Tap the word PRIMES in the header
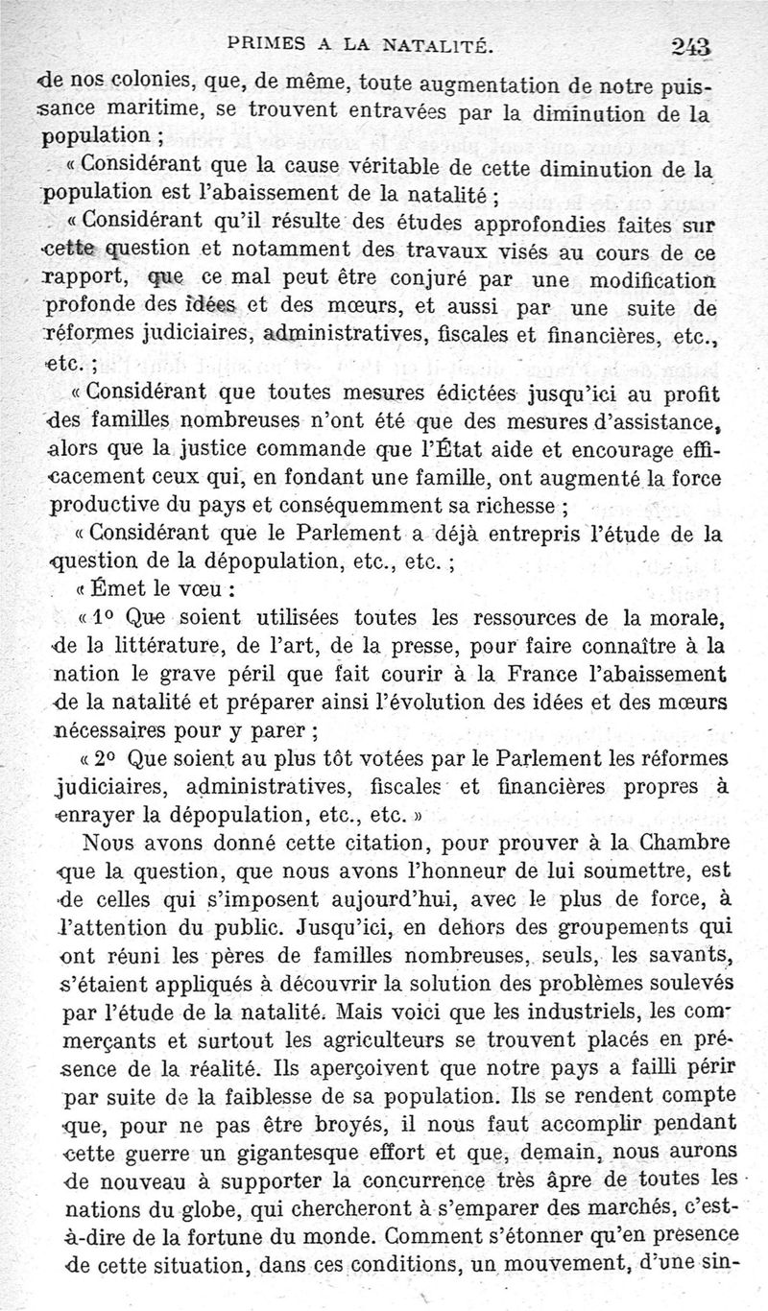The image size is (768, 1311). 262,43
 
